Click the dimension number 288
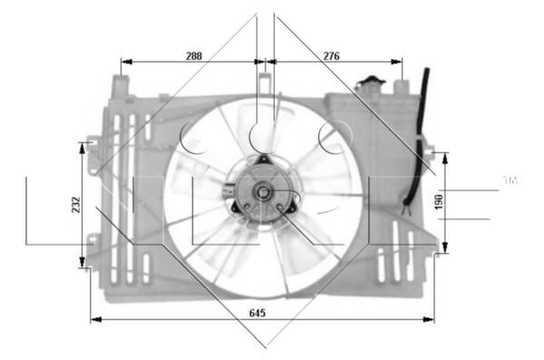point(193,55)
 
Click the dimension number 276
point(332,55)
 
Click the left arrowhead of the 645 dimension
point(94,319)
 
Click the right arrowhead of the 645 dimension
point(432,319)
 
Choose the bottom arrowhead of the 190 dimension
point(445,250)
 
